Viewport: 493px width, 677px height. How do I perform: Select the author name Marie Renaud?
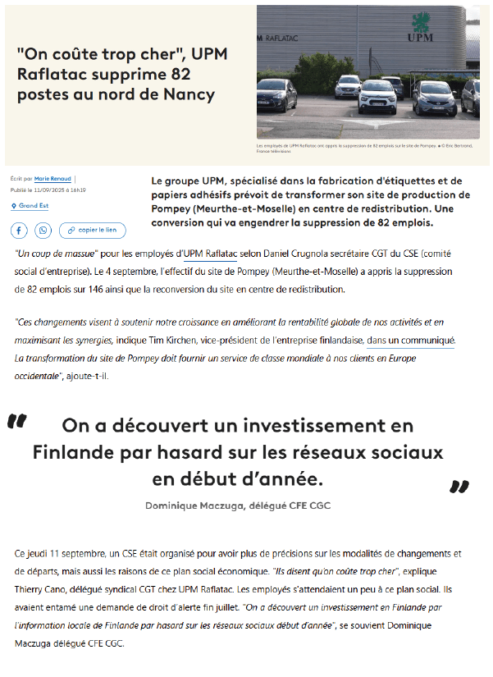tap(53, 177)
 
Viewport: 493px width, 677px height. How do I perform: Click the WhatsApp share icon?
tap(41, 230)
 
